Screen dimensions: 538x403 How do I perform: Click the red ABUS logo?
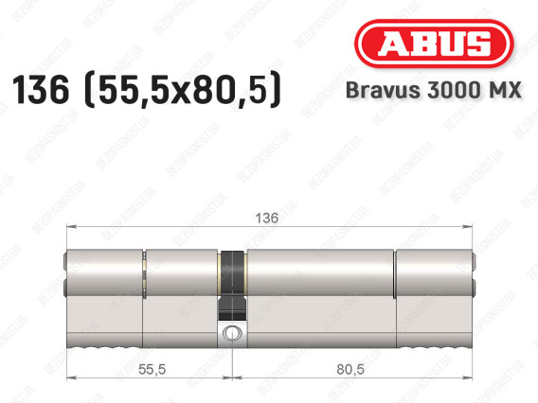[434, 44]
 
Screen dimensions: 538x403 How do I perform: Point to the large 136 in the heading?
[41, 90]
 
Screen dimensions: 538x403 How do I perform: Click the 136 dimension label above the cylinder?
[266, 218]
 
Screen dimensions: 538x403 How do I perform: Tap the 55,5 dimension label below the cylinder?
[152, 369]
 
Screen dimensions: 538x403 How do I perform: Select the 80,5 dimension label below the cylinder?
[350, 369]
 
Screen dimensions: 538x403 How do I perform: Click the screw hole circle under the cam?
[232, 333]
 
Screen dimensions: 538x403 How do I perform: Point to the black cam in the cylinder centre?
[232, 286]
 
